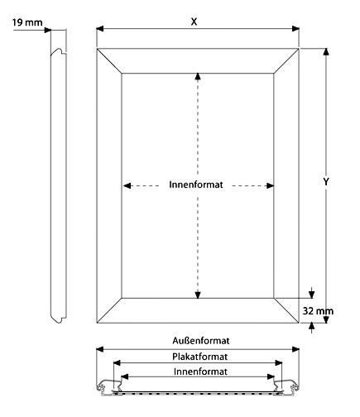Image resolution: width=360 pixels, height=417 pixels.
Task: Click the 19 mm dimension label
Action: tap(27, 22)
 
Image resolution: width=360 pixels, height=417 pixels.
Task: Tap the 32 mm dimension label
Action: tap(318, 311)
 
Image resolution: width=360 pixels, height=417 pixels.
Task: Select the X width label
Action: tap(194, 22)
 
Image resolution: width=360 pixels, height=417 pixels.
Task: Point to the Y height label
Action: tap(326, 181)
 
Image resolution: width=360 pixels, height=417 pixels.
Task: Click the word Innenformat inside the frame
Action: tap(196, 185)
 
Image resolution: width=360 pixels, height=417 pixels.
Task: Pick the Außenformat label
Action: tap(201, 341)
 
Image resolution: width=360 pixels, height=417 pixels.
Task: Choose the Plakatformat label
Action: tap(200, 357)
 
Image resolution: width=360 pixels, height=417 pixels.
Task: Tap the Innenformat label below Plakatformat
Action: tap(200, 371)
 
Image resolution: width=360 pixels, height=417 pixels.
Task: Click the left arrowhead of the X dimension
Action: tap(100, 28)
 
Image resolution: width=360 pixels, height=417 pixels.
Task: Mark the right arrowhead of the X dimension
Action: tap(295, 28)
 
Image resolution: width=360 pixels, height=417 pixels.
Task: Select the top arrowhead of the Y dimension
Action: tap(326, 52)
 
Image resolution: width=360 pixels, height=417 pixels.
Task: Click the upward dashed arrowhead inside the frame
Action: tap(198, 76)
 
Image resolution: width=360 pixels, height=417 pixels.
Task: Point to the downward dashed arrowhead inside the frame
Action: tap(198, 295)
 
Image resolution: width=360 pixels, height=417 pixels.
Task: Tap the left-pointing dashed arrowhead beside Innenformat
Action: tap(127, 185)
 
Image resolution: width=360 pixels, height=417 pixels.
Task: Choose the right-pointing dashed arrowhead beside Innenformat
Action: tap(270, 185)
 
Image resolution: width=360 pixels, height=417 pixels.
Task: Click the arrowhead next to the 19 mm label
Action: tap(48, 30)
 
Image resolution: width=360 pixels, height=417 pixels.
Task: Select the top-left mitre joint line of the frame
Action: tap(109, 61)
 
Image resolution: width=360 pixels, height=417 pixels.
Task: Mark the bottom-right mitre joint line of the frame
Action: tap(286, 310)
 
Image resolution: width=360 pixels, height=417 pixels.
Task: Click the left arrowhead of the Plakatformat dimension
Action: tap(117, 362)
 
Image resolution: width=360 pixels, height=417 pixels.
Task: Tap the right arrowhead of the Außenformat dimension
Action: tap(295, 349)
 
